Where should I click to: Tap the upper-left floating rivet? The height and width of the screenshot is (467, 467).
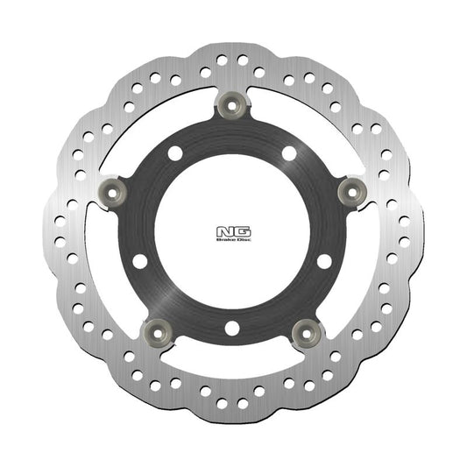pos(111,188)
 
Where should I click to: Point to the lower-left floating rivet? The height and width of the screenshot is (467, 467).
pos(159,329)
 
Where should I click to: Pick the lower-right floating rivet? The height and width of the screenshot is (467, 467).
pos(308,329)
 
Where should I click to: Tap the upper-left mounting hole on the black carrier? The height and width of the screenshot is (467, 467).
pos(175,153)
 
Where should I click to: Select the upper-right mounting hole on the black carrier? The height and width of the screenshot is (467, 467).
pos(290,153)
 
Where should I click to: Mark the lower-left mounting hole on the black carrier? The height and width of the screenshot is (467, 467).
pos(140,261)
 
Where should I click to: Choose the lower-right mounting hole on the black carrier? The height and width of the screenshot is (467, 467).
pos(325,261)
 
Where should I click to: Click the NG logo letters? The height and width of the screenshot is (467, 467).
pos(233,231)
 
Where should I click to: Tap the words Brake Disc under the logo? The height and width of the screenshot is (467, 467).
pos(233,241)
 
